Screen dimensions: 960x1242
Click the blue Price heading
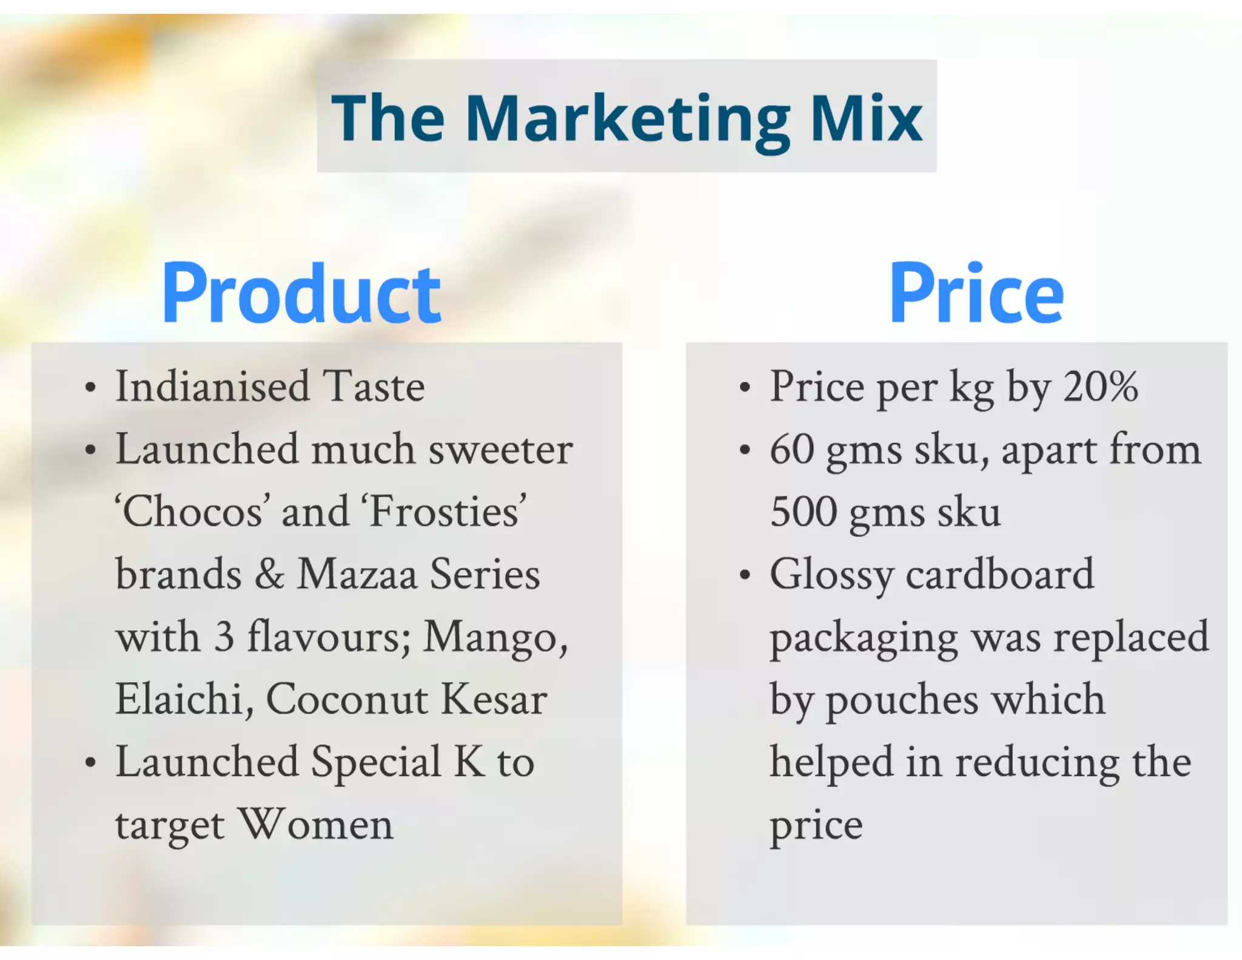[x=976, y=294]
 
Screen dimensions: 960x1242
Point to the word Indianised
[x=212, y=387]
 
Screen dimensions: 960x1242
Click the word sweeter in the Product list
[x=500, y=450]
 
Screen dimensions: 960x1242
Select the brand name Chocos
[x=193, y=512]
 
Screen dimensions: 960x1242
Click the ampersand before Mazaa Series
[x=269, y=574]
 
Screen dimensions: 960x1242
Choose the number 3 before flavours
[x=224, y=637]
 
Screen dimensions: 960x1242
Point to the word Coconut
[x=346, y=699]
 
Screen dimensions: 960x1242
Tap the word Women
[x=315, y=825]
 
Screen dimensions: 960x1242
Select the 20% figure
[x=1100, y=387]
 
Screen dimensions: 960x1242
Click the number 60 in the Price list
[x=791, y=450]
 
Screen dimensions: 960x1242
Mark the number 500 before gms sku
[x=804, y=512]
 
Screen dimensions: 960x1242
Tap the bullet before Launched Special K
[x=90, y=763]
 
